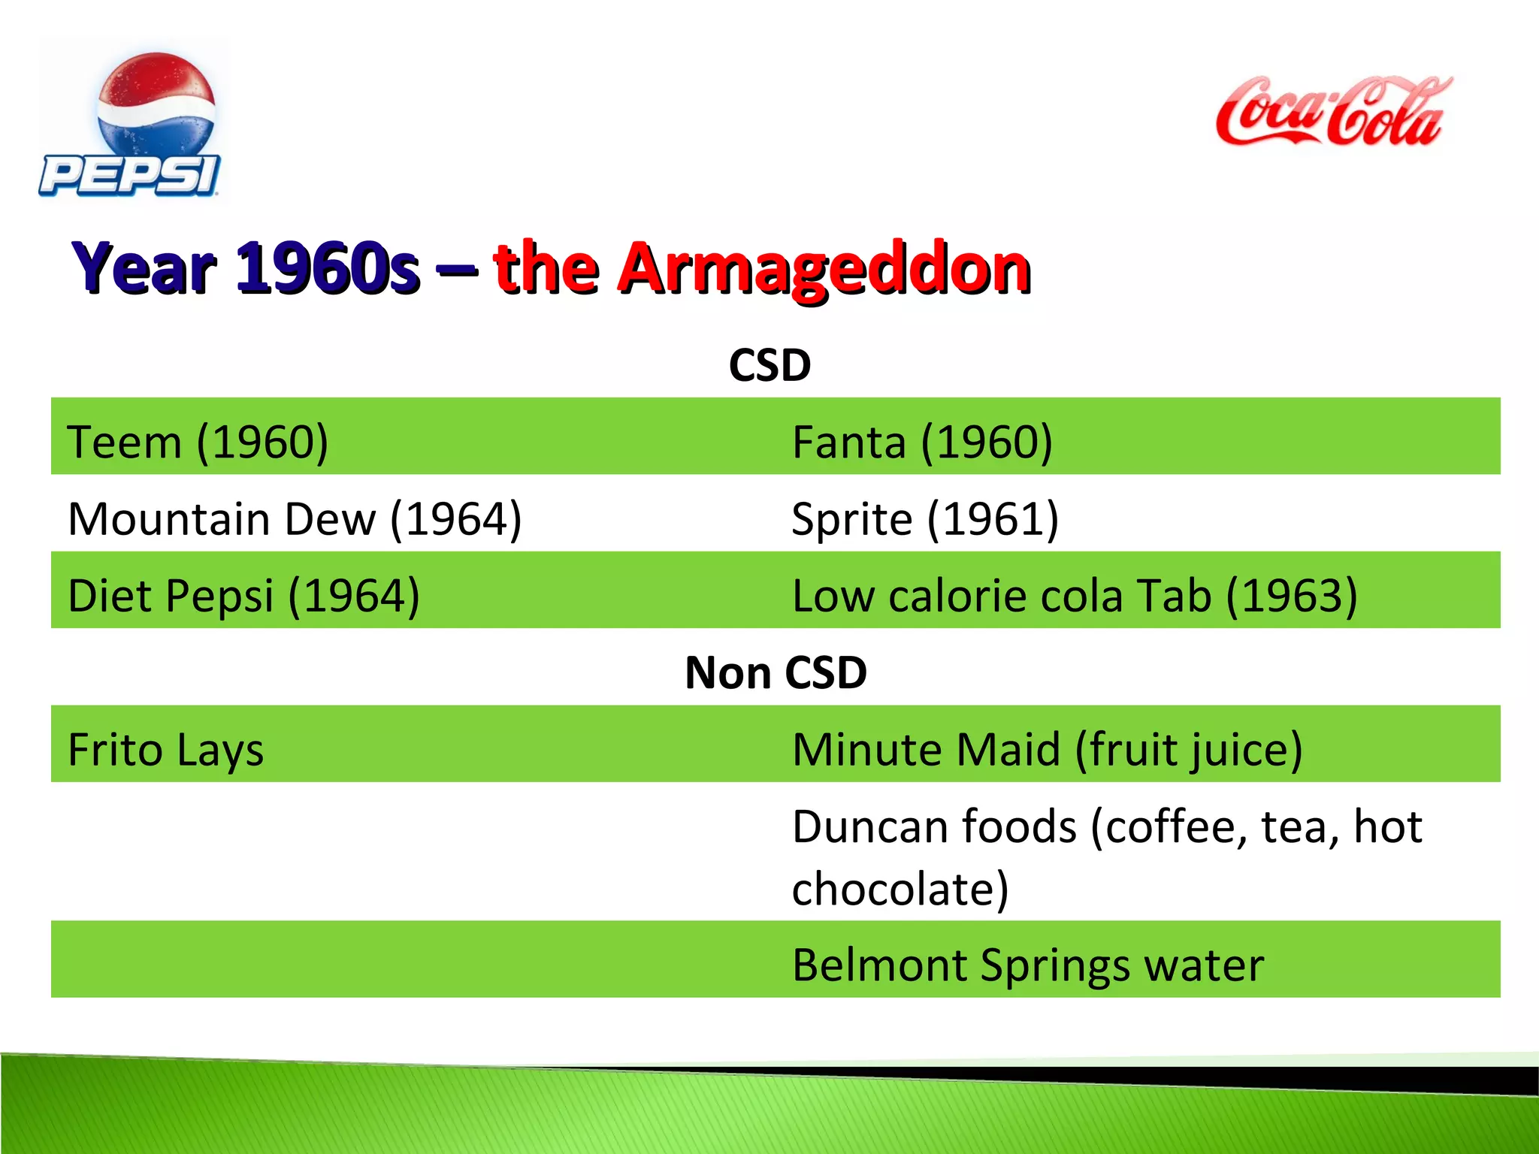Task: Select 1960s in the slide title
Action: tap(327, 269)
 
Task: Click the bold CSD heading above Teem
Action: tap(769, 365)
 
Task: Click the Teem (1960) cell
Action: tap(198, 442)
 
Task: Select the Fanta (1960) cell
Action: tap(922, 442)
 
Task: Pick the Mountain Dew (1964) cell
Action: tap(295, 518)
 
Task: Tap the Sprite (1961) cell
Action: tap(925, 518)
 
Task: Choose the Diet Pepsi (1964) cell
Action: tap(243, 596)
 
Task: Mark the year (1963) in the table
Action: tap(1292, 596)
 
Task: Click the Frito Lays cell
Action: tap(165, 750)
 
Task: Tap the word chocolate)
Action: tap(900, 889)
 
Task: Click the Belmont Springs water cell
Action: tap(1027, 965)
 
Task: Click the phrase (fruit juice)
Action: tap(1189, 750)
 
